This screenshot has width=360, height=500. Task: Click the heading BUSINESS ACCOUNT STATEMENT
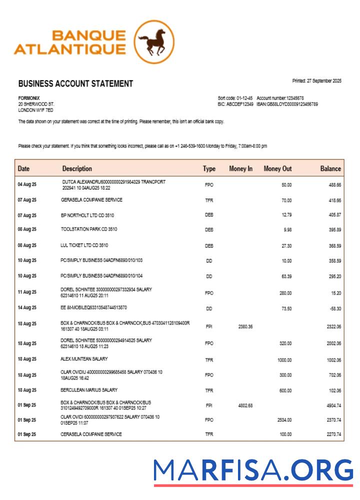[75, 84]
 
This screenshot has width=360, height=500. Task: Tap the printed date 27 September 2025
[317, 81]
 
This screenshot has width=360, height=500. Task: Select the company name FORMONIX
[29, 98]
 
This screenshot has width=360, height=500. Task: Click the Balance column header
[330, 169]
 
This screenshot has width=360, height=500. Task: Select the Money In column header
[240, 169]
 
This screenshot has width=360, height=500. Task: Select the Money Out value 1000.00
[284, 360]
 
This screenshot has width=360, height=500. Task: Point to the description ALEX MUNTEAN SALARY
[84, 359]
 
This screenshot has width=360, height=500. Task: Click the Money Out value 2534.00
[284, 420]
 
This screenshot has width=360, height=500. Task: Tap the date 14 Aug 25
[27, 308]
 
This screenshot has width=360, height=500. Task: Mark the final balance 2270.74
[332, 434]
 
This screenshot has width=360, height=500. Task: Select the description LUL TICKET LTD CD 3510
[84, 245]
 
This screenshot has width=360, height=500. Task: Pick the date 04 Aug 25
[27, 185]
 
